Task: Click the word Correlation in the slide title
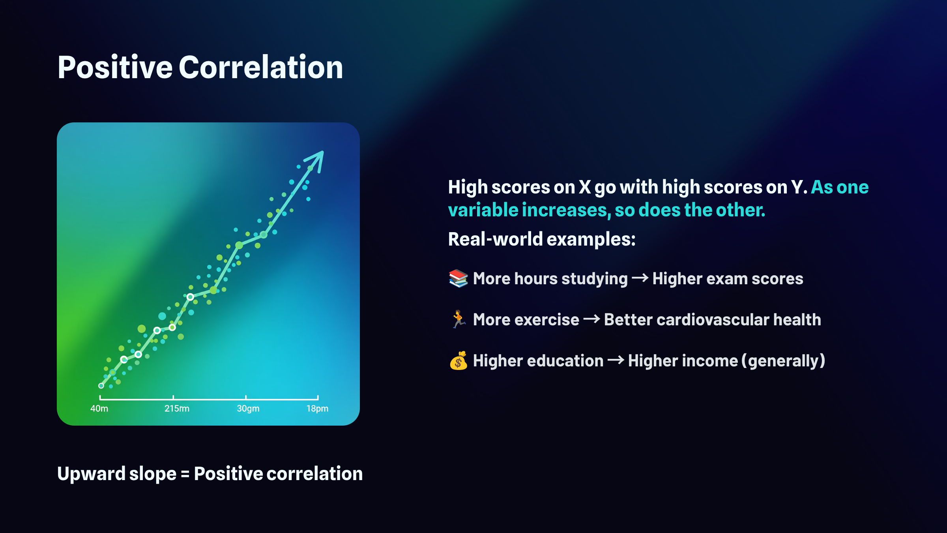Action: [261, 67]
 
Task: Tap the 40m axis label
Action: [99, 409]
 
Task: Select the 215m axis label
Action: [177, 409]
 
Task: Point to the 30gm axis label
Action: [248, 409]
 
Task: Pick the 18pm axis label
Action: [317, 409]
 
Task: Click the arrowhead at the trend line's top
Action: [316, 160]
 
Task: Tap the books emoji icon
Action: [458, 278]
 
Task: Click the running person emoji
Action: [458, 319]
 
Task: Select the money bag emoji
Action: [459, 360]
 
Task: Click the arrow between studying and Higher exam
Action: [640, 278]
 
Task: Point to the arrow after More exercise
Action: [591, 319]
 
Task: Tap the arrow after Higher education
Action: [616, 360]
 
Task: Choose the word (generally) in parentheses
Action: [783, 361]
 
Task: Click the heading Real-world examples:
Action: [542, 239]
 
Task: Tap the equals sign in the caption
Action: [185, 474]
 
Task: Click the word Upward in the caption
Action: [91, 474]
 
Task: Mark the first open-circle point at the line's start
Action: [101, 386]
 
